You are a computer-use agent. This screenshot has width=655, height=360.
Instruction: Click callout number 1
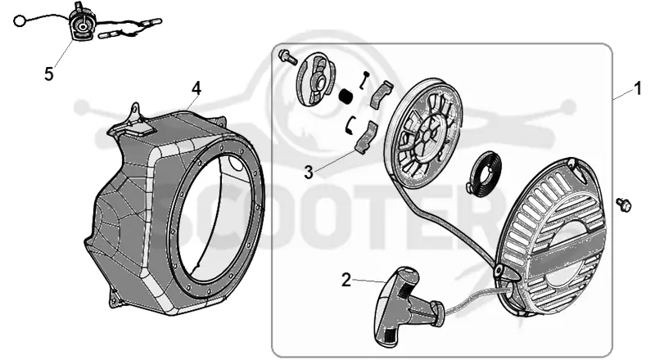click(638, 89)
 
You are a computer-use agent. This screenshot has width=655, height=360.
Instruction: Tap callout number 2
click(346, 280)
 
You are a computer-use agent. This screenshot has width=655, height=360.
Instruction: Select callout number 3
click(309, 172)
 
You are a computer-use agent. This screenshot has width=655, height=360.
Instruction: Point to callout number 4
click(196, 89)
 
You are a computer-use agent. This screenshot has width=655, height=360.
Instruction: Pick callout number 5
click(49, 74)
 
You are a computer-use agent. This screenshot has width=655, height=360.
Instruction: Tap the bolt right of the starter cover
click(624, 205)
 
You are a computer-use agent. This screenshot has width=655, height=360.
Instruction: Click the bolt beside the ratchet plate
click(288, 56)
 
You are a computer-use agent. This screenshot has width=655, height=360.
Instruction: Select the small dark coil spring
click(346, 97)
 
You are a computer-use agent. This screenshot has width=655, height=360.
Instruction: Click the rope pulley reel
click(423, 133)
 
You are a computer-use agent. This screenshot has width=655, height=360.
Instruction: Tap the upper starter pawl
click(382, 95)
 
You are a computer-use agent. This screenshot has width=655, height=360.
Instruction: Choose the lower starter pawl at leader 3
click(366, 137)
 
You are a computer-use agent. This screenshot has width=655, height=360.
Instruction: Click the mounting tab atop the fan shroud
click(133, 117)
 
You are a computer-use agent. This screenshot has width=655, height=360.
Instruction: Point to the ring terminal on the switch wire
click(19, 20)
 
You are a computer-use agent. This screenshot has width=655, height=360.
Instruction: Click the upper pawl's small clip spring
click(364, 79)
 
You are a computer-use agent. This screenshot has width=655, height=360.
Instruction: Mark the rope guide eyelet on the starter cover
click(499, 271)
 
